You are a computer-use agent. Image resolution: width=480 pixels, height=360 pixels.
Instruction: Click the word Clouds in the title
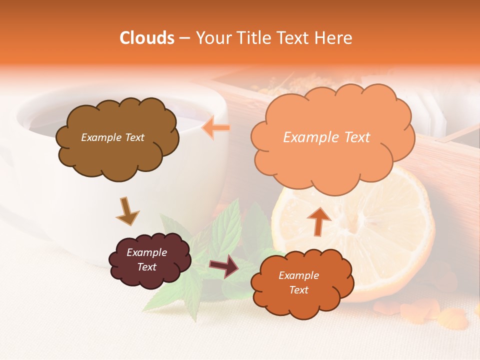click(x=147, y=38)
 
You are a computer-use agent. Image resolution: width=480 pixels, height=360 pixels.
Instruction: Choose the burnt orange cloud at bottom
click(x=302, y=300)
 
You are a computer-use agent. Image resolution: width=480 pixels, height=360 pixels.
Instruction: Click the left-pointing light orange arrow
click(x=216, y=128)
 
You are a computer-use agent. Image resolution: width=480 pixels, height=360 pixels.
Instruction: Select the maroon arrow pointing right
click(x=224, y=266)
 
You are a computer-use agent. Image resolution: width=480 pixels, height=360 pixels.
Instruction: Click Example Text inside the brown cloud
click(x=112, y=137)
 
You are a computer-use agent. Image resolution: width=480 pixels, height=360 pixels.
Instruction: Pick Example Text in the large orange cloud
click(x=326, y=137)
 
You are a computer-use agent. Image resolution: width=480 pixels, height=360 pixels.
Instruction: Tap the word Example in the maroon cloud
click(x=146, y=252)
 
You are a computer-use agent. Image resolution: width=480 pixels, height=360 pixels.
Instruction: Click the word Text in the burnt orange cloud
click(x=298, y=290)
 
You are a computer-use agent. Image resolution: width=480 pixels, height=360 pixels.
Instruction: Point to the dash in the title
click(x=184, y=38)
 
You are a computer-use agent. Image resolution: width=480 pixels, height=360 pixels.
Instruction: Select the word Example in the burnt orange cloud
click(x=298, y=275)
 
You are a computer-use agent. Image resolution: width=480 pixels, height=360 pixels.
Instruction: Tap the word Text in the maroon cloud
click(x=146, y=267)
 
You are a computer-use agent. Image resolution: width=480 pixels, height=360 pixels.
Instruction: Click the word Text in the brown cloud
click(x=133, y=137)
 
